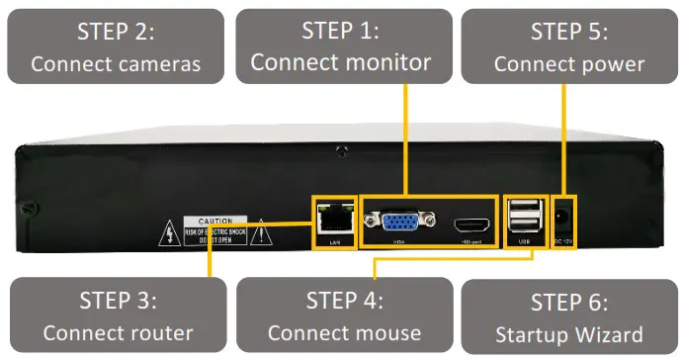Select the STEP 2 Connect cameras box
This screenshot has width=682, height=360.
pos(115,45)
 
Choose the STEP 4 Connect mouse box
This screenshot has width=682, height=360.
pos(344,315)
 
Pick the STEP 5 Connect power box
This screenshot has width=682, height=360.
pos(568,45)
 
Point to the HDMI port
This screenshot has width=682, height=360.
pos(470,225)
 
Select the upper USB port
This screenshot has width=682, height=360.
pos(525,209)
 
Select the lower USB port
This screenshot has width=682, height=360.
pos(525,226)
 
